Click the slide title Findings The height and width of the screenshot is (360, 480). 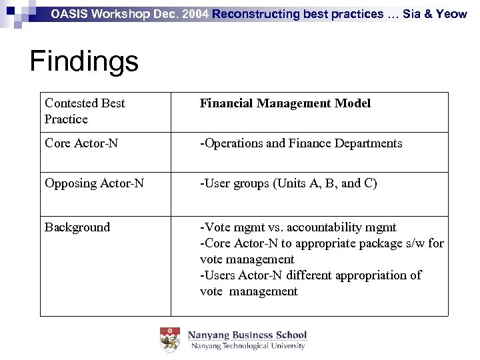[x=84, y=62]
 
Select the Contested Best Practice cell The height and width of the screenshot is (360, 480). [x=85, y=111]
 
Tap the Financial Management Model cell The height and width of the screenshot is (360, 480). [x=285, y=103]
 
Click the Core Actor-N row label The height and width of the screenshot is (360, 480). [x=81, y=143]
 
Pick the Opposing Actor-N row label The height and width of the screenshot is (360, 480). [x=94, y=183]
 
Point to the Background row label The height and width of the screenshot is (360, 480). [x=77, y=227]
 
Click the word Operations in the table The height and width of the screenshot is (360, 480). [x=233, y=143]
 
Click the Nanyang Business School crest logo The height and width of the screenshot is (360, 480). [x=170, y=340]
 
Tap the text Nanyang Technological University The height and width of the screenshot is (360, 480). [x=247, y=346]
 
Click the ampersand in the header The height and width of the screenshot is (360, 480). [x=426, y=13]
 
